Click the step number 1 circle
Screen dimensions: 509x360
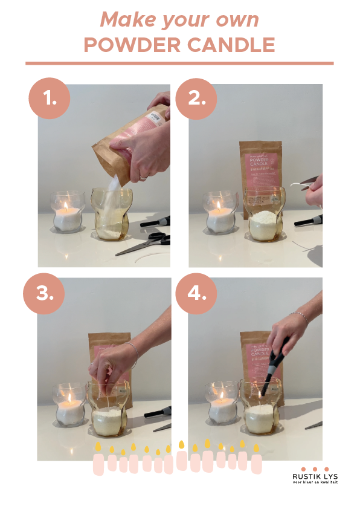click(x=50, y=99)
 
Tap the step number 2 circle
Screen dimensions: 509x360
click(x=196, y=99)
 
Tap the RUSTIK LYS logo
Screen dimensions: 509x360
click(x=315, y=475)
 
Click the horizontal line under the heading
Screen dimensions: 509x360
click(x=179, y=63)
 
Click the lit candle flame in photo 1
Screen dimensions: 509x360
click(x=65, y=207)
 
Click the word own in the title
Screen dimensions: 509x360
click(x=239, y=20)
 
